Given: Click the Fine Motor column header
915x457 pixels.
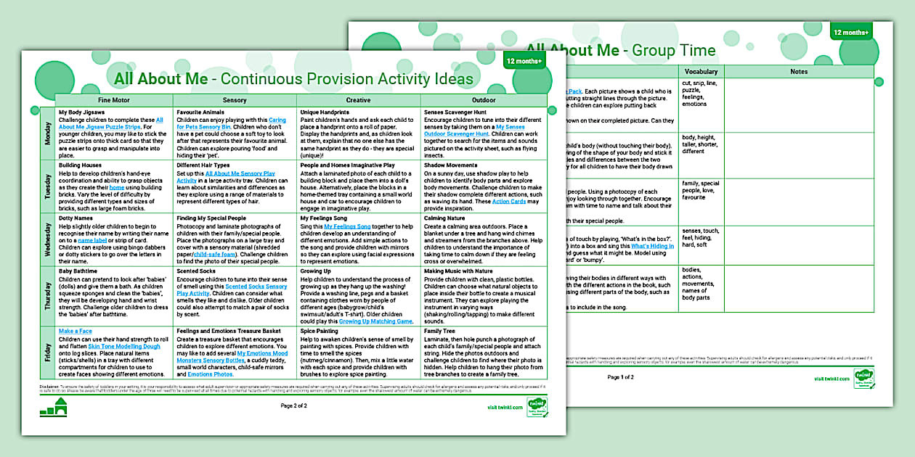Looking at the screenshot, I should coord(114,100).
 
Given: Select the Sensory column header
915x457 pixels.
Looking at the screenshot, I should coord(235,100).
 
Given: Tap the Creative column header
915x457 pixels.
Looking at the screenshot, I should coord(358,100).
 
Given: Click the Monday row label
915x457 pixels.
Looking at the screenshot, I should coord(48,133).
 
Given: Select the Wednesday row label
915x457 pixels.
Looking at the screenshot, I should coord(48,240).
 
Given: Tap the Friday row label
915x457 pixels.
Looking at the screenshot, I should coord(48,353).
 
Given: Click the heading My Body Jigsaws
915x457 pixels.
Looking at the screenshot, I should coord(81,112).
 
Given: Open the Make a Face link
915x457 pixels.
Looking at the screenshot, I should coord(75,331).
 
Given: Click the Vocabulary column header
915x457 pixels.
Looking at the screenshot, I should coord(701,72).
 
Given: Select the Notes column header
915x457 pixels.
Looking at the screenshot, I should coord(799,72).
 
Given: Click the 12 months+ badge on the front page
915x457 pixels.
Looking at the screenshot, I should coord(524,61).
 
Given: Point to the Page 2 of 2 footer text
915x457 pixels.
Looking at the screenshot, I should coord(295,405).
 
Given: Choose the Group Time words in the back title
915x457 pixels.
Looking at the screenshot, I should coord(673,51).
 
